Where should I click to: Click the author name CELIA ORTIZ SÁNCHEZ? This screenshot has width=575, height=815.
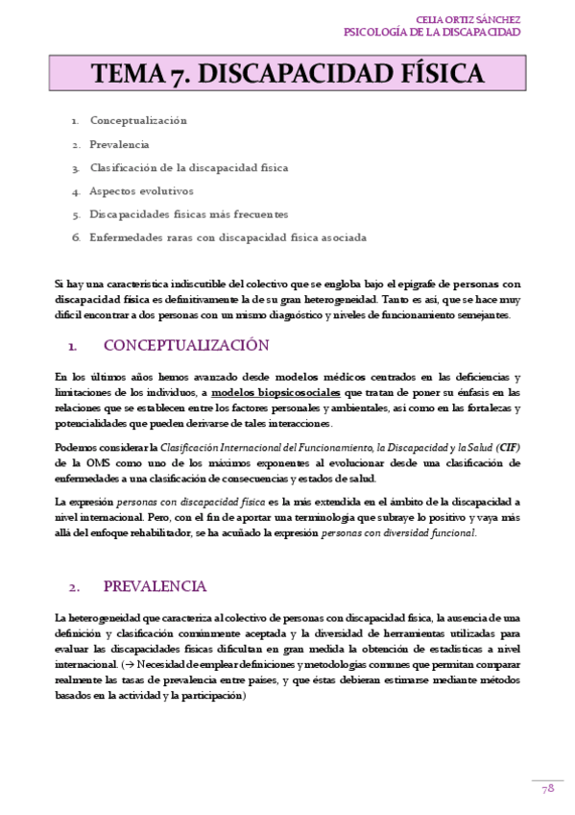[x=468, y=19]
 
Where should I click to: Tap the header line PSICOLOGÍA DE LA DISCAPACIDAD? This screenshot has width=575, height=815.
[x=432, y=32]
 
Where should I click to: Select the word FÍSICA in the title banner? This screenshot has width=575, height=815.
[x=431, y=74]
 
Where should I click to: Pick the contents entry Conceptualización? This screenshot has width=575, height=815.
[x=138, y=121]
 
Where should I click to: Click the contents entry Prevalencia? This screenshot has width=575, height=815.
[x=119, y=144]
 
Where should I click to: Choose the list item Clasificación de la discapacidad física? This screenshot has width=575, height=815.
[x=188, y=167]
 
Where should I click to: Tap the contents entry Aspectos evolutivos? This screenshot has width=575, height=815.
[x=141, y=190]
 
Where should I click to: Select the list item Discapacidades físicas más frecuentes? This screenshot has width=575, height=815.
[x=188, y=213]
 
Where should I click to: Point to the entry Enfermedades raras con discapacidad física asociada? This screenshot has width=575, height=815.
[x=228, y=236]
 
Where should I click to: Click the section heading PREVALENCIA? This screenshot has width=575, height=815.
[x=155, y=586]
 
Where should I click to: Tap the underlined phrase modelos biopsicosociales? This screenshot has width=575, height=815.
[x=276, y=393]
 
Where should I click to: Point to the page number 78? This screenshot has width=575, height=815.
[x=548, y=788]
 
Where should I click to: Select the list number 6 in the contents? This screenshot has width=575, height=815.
[x=75, y=236]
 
